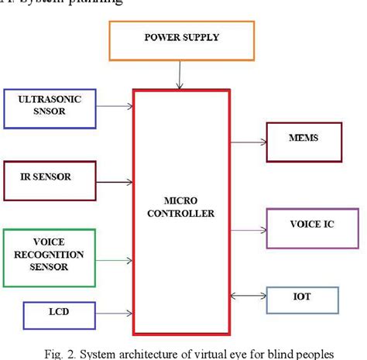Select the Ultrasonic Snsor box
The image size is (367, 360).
click(50, 106)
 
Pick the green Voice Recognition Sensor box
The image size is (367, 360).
click(50, 254)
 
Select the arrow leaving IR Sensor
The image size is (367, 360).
click(115, 183)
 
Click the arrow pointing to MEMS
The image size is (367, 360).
click(248, 142)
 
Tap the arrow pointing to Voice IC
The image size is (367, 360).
click(248, 229)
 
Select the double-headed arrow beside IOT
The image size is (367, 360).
click(248, 295)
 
